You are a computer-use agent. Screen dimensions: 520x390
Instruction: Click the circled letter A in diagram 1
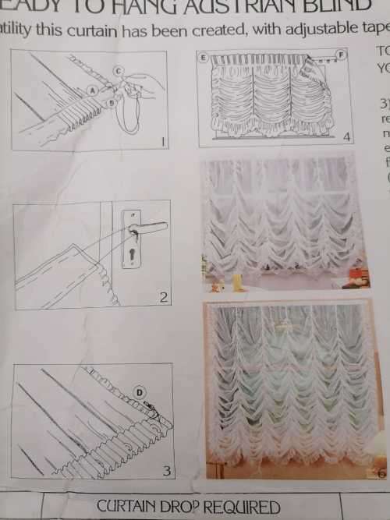(x=93, y=90)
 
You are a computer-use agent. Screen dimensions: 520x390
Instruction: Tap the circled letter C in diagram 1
(x=118, y=71)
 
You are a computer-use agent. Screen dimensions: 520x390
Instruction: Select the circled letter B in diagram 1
(x=112, y=102)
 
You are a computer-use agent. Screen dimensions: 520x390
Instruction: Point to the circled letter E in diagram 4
(x=204, y=58)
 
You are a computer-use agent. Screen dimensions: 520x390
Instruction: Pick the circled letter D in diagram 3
(x=140, y=392)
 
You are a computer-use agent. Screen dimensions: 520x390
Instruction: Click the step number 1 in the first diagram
(x=161, y=142)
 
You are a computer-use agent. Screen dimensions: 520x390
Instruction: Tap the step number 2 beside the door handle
(x=163, y=297)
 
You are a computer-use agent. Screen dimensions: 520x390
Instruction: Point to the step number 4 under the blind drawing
(x=346, y=137)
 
